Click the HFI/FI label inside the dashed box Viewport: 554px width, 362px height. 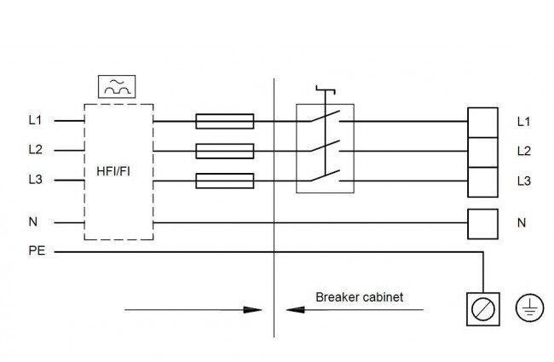[113, 172]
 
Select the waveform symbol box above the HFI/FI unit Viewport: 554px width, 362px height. [117, 87]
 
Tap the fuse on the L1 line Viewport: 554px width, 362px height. [225, 121]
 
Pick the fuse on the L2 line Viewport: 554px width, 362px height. [225, 151]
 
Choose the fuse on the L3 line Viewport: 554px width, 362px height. [225, 181]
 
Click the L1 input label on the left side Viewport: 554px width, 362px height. [35, 120]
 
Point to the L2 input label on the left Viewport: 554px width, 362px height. [35, 150]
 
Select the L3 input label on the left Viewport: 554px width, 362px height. [35, 180]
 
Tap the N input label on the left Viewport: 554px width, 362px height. [33, 221]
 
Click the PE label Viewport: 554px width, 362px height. [37, 250]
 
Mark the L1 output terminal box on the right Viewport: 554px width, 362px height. [482, 123]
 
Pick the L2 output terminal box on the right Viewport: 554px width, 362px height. [482, 152]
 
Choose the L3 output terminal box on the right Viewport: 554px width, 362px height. [482, 182]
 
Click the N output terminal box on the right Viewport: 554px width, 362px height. [482, 224]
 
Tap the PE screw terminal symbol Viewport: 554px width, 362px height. [483, 309]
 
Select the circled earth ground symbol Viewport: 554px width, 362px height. [529, 308]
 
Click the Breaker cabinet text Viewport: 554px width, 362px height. [360, 297]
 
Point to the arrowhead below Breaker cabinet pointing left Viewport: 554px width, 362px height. [295, 310]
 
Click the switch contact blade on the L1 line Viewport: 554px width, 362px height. [326, 116]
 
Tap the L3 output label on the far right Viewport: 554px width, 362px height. [524, 181]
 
